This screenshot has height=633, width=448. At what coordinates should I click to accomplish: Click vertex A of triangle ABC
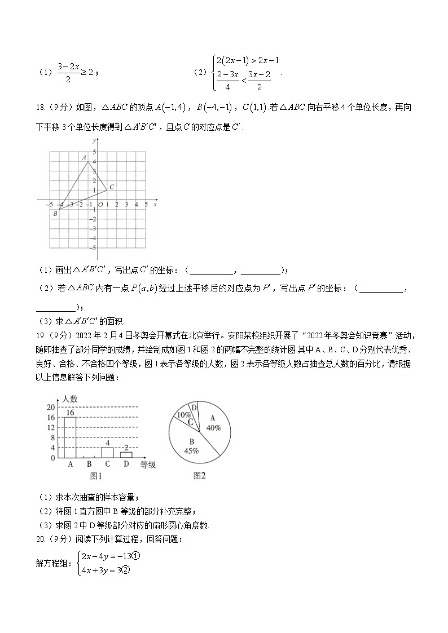87,162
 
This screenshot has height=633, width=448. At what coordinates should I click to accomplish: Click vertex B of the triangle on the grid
59,209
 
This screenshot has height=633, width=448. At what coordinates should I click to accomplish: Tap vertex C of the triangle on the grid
107,190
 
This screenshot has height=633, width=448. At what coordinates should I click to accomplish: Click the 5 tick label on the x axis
146,204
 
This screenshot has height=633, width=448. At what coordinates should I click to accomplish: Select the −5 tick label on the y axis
94,248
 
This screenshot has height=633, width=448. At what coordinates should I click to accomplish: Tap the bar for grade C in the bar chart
107,452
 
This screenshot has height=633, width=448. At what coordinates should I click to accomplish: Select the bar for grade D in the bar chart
126,454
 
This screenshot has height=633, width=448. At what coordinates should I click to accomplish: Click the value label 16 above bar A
70,413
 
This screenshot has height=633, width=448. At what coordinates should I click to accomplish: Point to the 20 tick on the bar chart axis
50,407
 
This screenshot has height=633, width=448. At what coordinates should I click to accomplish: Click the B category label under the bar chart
89,464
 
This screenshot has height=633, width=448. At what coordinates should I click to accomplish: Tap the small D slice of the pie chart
194,408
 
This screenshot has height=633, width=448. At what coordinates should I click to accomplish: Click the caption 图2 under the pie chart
200,476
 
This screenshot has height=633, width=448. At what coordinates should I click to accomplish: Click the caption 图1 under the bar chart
96,476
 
